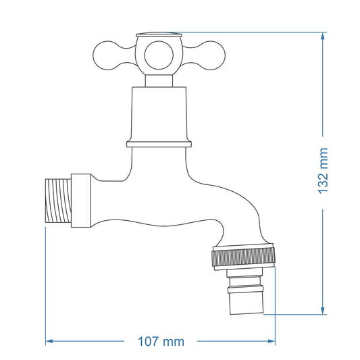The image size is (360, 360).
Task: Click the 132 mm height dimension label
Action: pos(324,172)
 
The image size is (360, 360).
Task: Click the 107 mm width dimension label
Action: pos(160,341)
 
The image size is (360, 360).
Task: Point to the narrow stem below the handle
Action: pos(159,80)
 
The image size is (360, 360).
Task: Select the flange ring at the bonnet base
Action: pos(159,143)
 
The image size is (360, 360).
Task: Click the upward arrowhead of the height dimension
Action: pos(324,36)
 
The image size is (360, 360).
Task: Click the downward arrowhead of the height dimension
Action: pos(324,310)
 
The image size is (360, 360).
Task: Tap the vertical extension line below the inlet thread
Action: pos(45,284)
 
